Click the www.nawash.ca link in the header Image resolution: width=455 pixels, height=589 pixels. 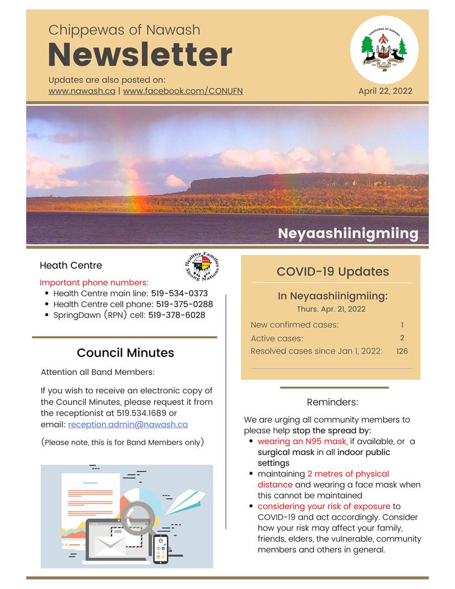[82, 91]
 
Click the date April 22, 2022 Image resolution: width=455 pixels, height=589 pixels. [385, 91]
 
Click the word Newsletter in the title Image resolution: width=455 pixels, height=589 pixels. [140, 55]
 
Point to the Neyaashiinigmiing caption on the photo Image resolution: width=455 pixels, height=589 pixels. [348, 233]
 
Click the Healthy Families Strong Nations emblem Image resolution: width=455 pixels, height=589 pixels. [202, 266]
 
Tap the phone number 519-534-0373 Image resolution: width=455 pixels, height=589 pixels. [179, 293]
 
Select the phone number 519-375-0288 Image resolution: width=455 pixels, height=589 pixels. [184, 305]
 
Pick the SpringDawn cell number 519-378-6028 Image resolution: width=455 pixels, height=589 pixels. [176, 315]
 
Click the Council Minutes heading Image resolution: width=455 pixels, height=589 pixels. [125, 353]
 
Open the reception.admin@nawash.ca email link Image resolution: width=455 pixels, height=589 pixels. [128, 424]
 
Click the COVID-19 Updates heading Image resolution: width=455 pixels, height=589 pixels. [332, 272]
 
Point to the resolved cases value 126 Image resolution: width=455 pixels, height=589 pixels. [402, 351]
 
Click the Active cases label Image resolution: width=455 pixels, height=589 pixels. [277, 339]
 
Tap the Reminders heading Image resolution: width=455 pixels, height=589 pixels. [332, 402]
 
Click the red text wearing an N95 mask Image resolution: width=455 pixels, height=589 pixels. [302, 442]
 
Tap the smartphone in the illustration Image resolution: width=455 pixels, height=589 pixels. [161, 548]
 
